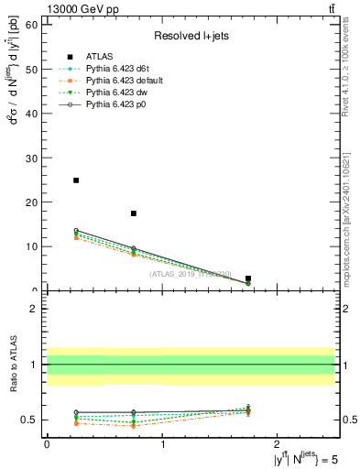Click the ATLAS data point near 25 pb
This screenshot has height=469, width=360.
pos(76,180)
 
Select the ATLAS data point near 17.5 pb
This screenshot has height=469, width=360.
pos(134,213)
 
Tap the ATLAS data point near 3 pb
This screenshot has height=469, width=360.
pos(248,278)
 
